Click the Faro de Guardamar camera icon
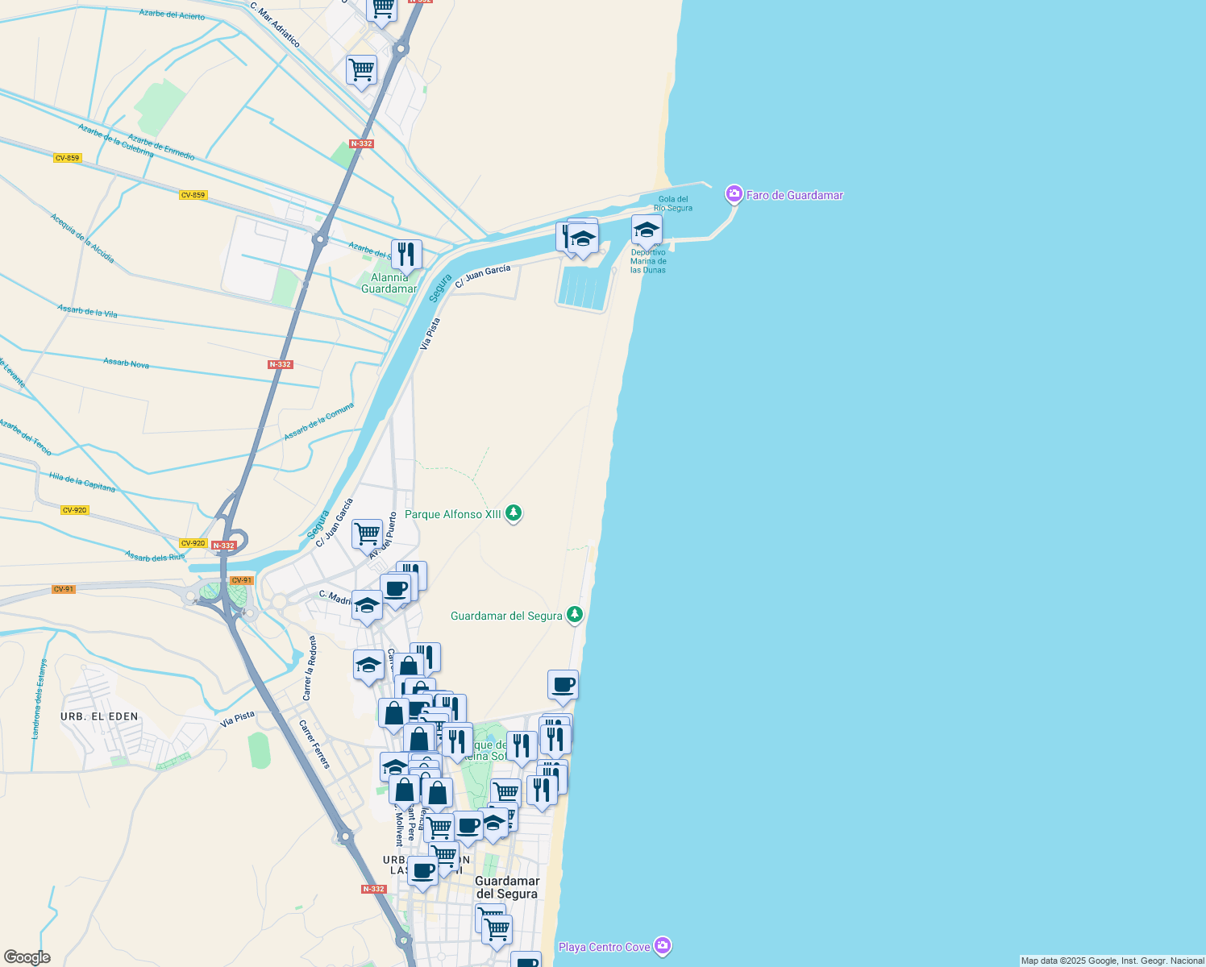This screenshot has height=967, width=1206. (734, 194)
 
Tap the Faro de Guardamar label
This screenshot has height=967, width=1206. (794, 195)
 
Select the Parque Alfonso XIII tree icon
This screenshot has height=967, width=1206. (513, 513)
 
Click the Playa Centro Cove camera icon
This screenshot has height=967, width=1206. (662, 945)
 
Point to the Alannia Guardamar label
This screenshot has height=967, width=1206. (389, 283)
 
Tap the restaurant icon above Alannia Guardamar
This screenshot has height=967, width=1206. (406, 254)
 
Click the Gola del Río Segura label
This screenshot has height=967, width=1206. (673, 203)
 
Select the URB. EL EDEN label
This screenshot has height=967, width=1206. (99, 716)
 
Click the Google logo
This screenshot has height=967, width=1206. (27, 957)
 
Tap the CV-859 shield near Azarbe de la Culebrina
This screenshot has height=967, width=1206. (67, 158)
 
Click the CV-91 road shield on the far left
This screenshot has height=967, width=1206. (64, 589)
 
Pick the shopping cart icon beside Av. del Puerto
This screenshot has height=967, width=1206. (367, 533)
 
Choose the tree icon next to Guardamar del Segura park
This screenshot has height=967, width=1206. (574, 615)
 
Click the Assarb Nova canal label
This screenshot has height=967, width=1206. (127, 363)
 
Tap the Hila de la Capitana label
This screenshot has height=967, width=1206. (81, 482)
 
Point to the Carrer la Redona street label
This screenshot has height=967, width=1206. (310, 668)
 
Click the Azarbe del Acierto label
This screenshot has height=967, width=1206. (172, 15)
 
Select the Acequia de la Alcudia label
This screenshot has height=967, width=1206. (82, 238)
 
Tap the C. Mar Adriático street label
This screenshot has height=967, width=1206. (275, 24)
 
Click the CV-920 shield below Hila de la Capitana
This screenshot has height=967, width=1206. (74, 510)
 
